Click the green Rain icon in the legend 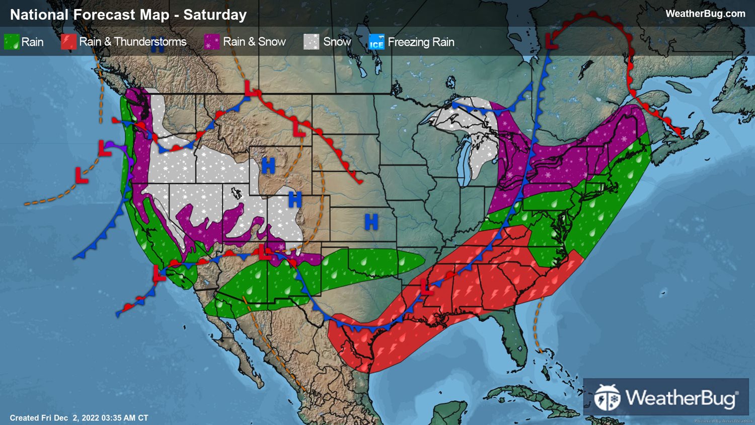pyautogui.click(x=12, y=42)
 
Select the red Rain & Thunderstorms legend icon pyautogui.click(x=68, y=42)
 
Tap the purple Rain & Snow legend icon pyautogui.click(x=212, y=42)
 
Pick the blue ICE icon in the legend pyautogui.click(x=376, y=42)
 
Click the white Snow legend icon pyautogui.click(x=312, y=42)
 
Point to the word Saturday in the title pyautogui.click(x=215, y=15)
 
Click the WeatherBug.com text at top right pyautogui.click(x=705, y=14)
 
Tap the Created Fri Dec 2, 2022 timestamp pyautogui.click(x=79, y=418)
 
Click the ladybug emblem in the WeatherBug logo pyautogui.click(x=607, y=397)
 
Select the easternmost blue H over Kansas pyautogui.click(x=371, y=222)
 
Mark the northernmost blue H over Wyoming pyautogui.click(x=268, y=165)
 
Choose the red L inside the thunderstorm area pyautogui.click(x=426, y=289)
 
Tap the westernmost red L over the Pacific pyautogui.click(x=81, y=175)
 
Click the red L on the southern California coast pyautogui.click(x=159, y=274)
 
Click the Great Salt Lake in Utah pyautogui.click(x=235, y=192)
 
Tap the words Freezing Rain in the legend pyautogui.click(x=421, y=42)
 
